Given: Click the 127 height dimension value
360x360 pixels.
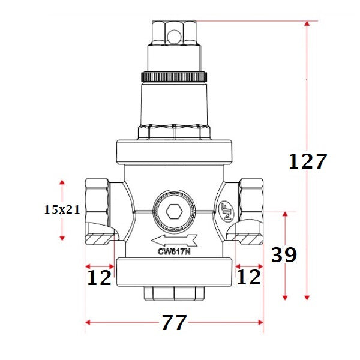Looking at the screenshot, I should coord(308,161).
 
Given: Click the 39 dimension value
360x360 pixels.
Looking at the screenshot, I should coord(284,255).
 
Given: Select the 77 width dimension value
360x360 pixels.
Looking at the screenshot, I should coord(175,323).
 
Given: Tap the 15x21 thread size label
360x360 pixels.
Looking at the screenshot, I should coord(62,209).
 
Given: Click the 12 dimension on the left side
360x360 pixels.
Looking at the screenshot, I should coord(100,277).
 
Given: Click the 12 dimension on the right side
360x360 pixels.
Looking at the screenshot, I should coord(249,277).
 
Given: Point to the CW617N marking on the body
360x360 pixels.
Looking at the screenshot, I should coord(174,253).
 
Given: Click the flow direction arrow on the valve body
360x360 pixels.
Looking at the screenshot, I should coord(174,241).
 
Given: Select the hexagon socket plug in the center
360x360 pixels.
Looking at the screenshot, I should coord(174,212).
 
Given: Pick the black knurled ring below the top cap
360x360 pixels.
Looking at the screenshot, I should coord(174,77).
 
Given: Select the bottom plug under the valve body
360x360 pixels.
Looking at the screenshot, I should coord(174,293).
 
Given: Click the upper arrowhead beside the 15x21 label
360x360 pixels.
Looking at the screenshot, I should coord(62,182).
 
